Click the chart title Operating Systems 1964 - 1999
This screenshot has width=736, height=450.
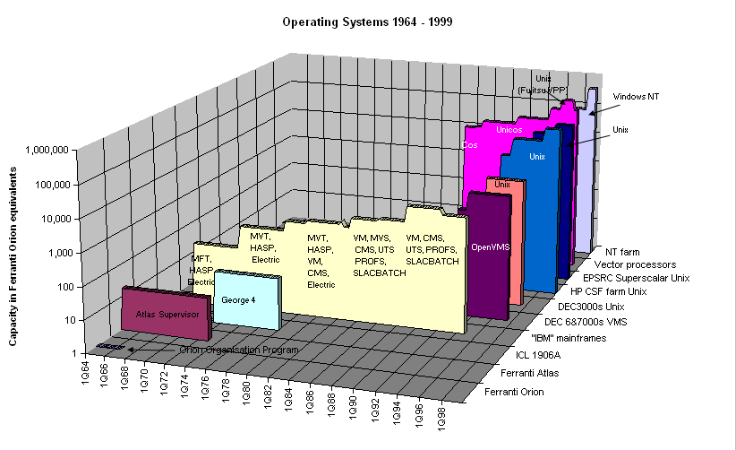click(x=367, y=20)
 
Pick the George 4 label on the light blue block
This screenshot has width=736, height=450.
click(x=239, y=299)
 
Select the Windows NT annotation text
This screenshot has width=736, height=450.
click(x=635, y=96)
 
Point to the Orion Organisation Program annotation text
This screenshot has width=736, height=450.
click(x=227, y=350)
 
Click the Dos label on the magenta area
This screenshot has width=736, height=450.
click(x=469, y=143)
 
